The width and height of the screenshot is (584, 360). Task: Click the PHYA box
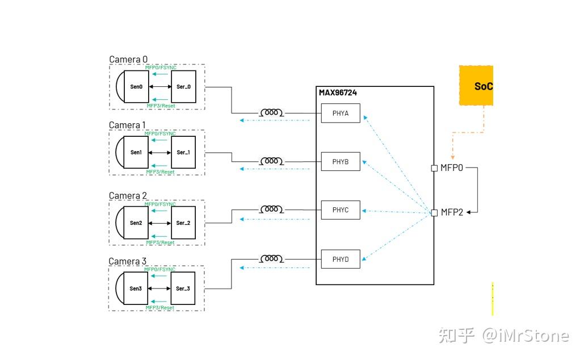tap(341, 113)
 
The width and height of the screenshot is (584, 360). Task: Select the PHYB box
tap(341, 162)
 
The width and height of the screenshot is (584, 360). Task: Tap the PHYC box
tap(341, 210)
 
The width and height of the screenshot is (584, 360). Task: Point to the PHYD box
tap(341, 259)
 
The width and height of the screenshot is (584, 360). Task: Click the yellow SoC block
tap(477, 86)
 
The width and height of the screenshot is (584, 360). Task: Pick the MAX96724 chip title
tap(338, 93)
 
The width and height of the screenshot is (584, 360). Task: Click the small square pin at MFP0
tap(434, 168)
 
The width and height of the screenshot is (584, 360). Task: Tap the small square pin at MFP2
tap(434, 212)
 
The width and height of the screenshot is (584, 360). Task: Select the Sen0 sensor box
tap(136, 87)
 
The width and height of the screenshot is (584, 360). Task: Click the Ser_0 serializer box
tap(183, 87)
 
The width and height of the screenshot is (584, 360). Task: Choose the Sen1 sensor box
tap(136, 152)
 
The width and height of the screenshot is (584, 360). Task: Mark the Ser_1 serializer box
tap(183, 152)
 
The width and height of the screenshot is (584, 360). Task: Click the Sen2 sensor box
tap(136, 223)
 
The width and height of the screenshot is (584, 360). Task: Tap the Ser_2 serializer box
tap(183, 223)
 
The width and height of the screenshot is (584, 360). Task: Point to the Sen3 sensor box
tap(136, 288)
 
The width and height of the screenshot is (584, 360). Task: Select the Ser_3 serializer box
tap(183, 288)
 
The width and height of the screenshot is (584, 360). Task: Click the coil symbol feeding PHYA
tap(272, 112)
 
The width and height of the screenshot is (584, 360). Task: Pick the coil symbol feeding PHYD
tap(272, 258)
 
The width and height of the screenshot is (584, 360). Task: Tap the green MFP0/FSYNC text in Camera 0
tap(161, 68)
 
